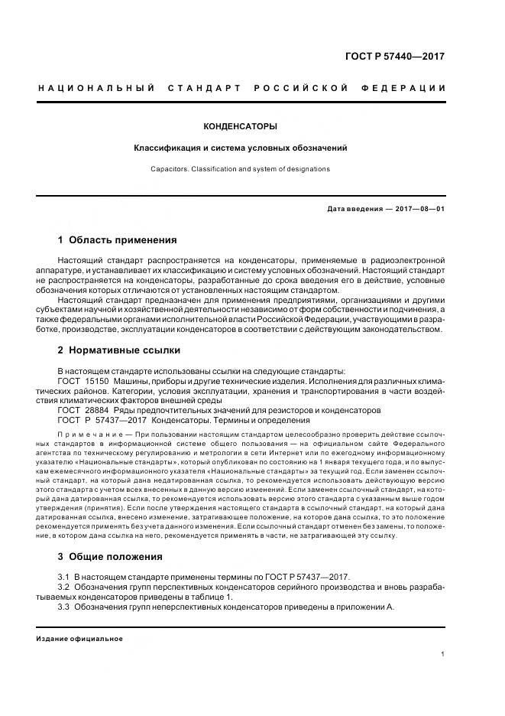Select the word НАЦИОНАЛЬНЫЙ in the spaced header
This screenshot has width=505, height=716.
coord(96,89)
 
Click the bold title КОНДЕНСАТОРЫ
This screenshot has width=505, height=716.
coord(240,126)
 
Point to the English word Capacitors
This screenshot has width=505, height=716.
coord(168,168)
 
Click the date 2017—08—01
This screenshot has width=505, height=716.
coord(419,209)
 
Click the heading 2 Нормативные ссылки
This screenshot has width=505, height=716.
coord(119,351)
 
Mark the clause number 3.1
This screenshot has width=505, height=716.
coord(64,576)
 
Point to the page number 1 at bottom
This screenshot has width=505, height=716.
coord(442,654)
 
